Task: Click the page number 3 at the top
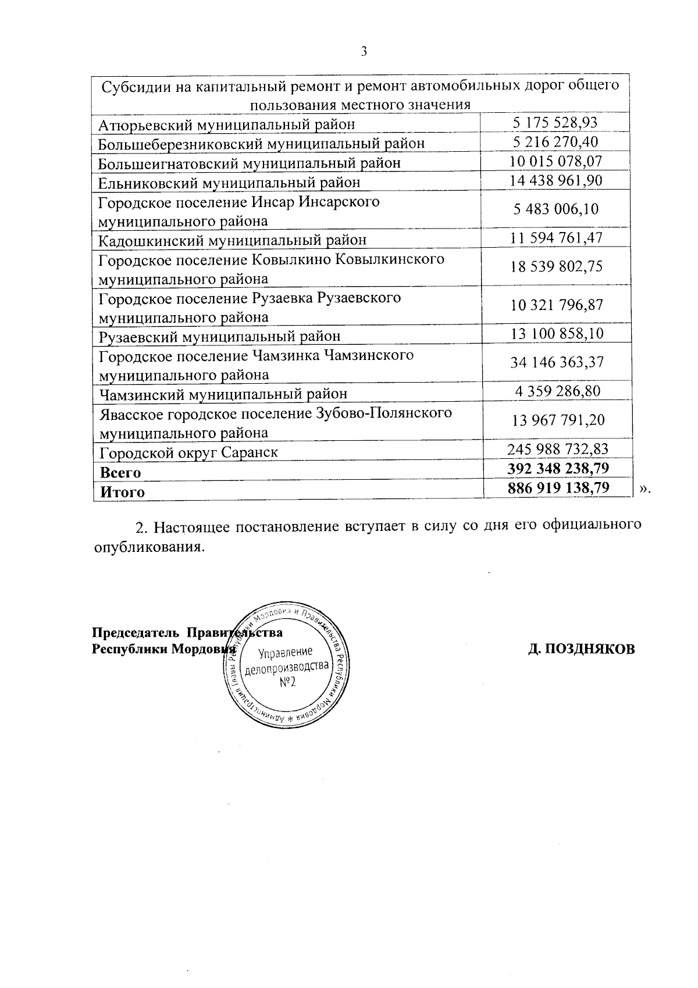[364, 51]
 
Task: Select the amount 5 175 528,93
[555, 122]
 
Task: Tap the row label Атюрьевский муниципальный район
[227, 124]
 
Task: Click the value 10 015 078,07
[555, 161]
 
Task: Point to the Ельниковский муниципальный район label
[229, 183]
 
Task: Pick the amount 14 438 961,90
[555, 180]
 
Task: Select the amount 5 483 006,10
[555, 209]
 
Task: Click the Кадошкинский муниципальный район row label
[233, 240]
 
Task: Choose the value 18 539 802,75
[555, 266]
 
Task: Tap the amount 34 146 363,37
[555, 362]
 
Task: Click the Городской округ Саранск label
[188, 452]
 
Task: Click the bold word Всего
[120, 472]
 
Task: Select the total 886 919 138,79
[558, 487]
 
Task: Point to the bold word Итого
[122, 492]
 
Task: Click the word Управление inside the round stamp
[286, 652]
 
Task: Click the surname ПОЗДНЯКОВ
[588, 649]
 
